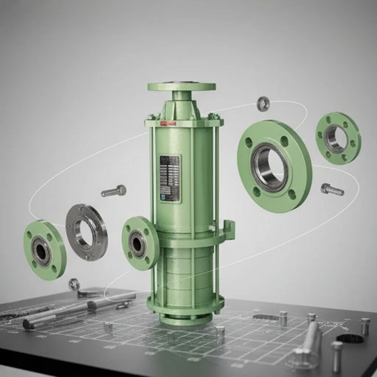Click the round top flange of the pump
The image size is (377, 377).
182,87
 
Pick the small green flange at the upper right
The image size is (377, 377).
338,138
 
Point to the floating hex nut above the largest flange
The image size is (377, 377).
263,103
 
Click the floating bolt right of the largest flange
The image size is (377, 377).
332,189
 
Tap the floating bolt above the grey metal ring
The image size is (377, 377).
114,191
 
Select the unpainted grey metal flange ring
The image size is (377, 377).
87,232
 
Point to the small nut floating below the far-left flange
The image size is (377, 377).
74,284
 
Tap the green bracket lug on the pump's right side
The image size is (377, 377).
229,228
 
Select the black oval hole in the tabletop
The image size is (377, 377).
349,338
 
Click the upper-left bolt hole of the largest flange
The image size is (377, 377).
249,142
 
